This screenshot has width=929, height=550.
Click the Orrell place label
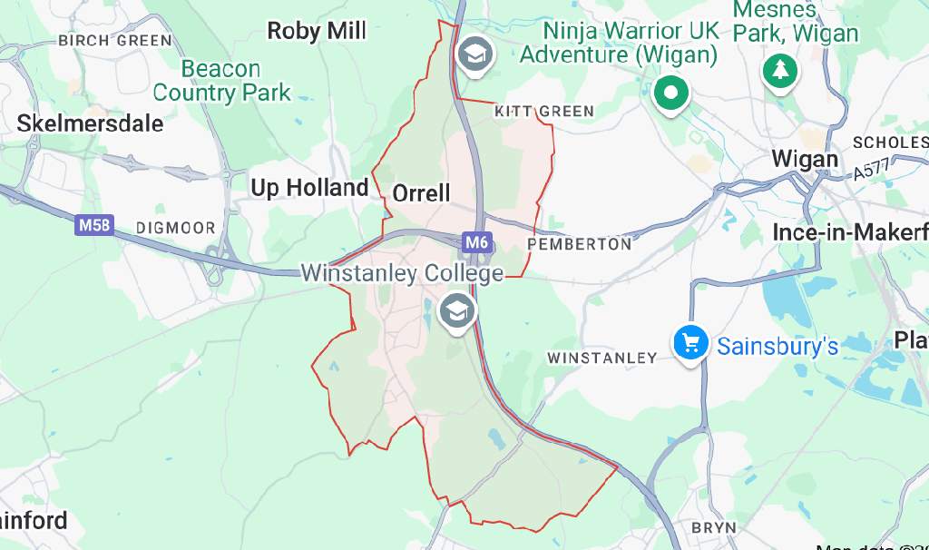pyautogui.click(x=421, y=192)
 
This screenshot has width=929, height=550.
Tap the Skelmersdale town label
pyautogui.click(x=90, y=123)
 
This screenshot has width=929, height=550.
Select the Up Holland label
pyautogui.click(x=309, y=188)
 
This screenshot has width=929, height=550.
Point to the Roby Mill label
pyautogui.click(x=317, y=32)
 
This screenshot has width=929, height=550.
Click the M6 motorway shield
pyautogui.click(x=476, y=242)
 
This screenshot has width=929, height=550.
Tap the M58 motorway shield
pyautogui.click(x=94, y=225)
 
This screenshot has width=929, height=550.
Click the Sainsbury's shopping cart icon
pyautogui.click(x=690, y=343)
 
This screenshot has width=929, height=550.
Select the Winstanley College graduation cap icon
pyautogui.click(x=456, y=311)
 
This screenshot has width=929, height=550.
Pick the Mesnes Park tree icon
pyautogui.click(x=779, y=70)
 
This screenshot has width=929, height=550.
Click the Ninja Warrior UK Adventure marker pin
pyautogui.click(x=670, y=93)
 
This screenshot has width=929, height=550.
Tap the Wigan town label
pyautogui.click(x=805, y=159)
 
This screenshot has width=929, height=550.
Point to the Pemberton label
pyautogui.click(x=579, y=244)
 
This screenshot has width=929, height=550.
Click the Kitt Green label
pyautogui.click(x=544, y=112)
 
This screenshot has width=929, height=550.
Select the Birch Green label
pyautogui.click(x=114, y=41)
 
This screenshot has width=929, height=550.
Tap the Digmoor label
pyautogui.click(x=175, y=228)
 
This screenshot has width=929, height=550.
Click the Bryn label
pyautogui.click(x=713, y=527)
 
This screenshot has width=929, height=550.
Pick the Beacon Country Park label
pyautogui.click(x=221, y=81)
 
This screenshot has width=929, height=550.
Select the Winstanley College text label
pyautogui.click(x=401, y=273)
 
